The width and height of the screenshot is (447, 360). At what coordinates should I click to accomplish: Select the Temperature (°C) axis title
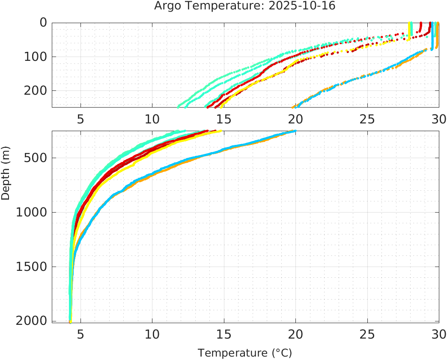coord(244,353)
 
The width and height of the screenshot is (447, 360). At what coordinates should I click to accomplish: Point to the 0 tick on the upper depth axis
coord(43,22)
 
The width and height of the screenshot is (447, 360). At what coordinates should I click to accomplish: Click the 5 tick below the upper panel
coord(80,118)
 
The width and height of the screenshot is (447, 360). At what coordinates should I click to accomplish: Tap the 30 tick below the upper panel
coord(438,118)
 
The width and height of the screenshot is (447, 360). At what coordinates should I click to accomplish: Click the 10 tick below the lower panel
coord(152,334)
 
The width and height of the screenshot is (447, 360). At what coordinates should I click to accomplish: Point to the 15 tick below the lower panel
coord(223,334)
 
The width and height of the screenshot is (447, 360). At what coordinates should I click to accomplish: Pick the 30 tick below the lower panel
coord(438,334)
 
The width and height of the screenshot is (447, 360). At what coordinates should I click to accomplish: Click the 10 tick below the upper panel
coord(152,118)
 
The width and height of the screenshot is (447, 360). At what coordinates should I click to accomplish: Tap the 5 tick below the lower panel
coord(80,334)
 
